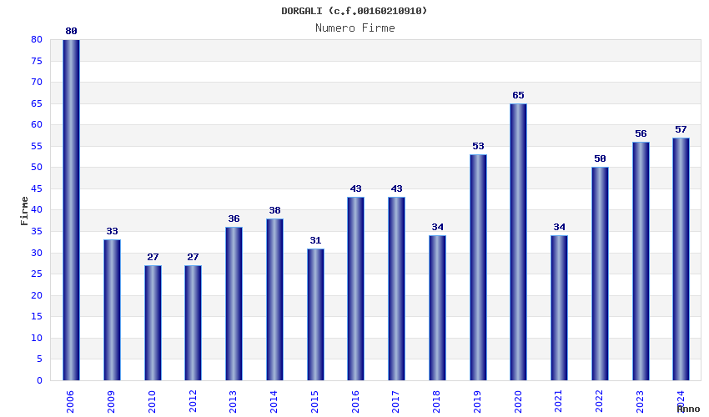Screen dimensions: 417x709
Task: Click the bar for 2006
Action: click(x=71, y=210)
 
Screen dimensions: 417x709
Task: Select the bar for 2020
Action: click(x=518, y=242)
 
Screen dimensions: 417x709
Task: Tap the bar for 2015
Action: click(x=315, y=314)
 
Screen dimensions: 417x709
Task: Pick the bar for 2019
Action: click(x=478, y=267)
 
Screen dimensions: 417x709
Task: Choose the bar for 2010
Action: click(x=153, y=323)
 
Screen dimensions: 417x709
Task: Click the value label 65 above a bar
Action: click(x=518, y=95)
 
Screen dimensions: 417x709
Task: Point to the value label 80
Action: click(x=71, y=31)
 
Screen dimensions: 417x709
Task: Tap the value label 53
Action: click(x=478, y=146)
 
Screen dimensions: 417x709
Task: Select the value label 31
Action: click(x=315, y=240)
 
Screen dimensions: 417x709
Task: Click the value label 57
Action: click(x=681, y=129)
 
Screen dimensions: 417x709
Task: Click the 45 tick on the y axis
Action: click(x=37, y=188)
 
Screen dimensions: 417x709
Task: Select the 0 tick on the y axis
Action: click(x=39, y=380)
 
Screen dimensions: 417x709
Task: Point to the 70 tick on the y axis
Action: click(x=37, y=82)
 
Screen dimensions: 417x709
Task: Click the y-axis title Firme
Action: click(x=24, y=210)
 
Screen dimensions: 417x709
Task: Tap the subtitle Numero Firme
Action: click(x=354, y=28)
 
